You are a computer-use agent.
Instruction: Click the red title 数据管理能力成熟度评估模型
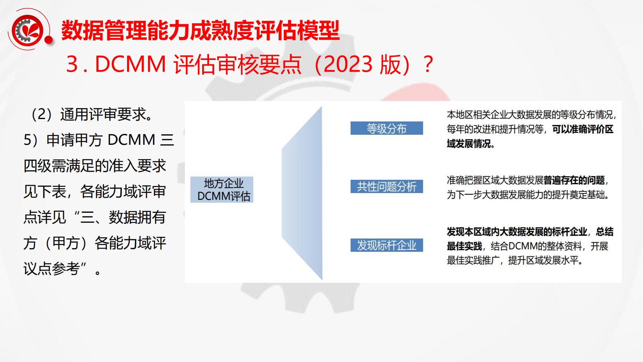[201, 31]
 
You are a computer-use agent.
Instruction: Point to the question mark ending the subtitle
[428, 64]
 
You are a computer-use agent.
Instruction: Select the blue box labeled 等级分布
[387, 128]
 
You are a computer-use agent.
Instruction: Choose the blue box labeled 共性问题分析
[387, 187]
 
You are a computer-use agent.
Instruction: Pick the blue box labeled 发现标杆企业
[387, 245]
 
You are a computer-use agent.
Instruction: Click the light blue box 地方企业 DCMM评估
[222, 189]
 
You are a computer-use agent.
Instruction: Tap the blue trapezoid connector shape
[302, 193]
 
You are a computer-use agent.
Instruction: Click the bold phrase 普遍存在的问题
[574, 181]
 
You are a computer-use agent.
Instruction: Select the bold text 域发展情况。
[471, 144]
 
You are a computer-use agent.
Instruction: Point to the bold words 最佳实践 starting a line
[465, 246]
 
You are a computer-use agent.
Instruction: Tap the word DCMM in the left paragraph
[131, 140]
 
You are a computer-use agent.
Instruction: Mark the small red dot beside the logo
[49, 40]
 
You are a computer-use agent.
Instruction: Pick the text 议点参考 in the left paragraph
[52, 269]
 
